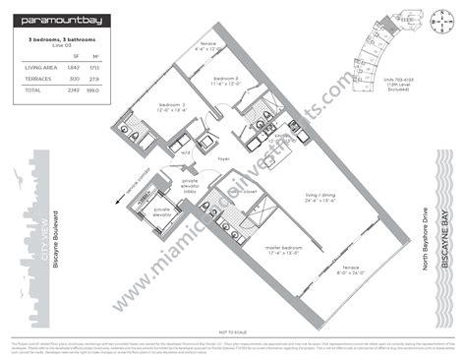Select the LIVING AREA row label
point(36,67)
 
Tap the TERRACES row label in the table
point(33,78)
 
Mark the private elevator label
point(163,210)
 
